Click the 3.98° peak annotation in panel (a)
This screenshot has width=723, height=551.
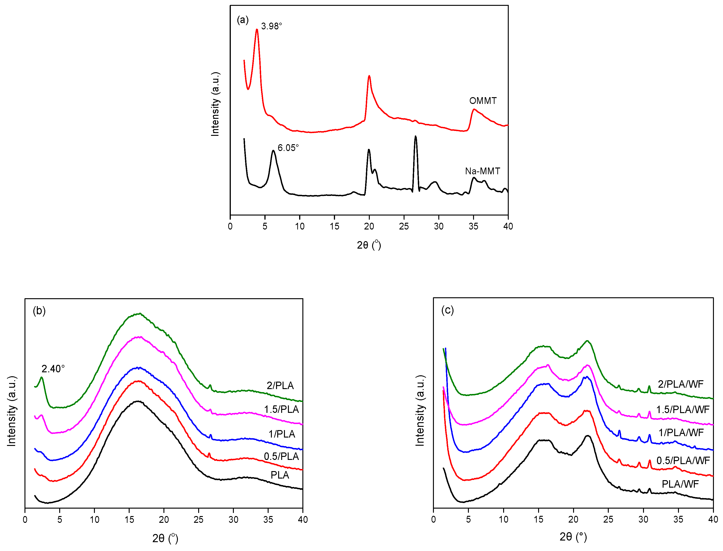(x=271, y=26)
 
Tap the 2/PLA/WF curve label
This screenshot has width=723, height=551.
(x=680, y=384)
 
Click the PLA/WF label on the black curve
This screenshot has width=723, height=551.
(x=680, y=484)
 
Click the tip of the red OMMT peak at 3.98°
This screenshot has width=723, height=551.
(x=257, y=30)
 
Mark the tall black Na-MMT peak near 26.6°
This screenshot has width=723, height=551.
(x=415, y=137)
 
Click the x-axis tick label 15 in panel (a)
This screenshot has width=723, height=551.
(x=334, y=226)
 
